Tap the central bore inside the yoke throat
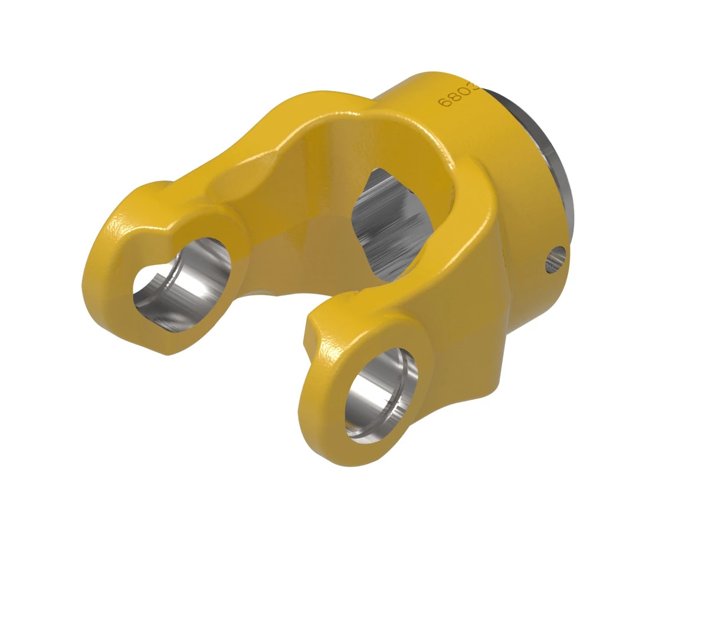pyautogui.click(x=389, y=224)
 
